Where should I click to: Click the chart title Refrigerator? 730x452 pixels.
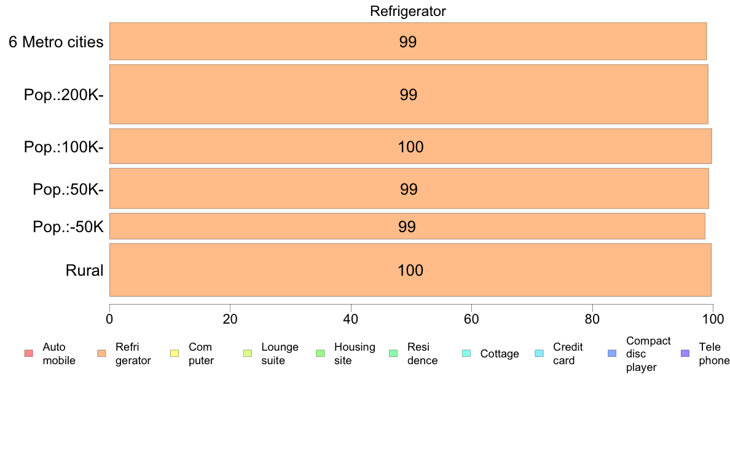pyautogui.click(x=408, y=11)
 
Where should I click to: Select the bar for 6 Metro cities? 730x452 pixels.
pyautogui.click(x=408, y=41)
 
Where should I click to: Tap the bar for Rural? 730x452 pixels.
pyautogui.click(x=410, y=270)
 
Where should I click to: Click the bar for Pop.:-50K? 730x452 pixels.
pyautogui.click(x=407, y=226)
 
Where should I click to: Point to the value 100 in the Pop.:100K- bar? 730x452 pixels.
pyautogui.click(x=410, y=147)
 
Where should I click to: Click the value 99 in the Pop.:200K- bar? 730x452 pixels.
pyautogui.click(x=408, y=95)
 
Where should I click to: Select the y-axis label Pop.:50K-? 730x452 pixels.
pyautogui.click(x=68, y=189)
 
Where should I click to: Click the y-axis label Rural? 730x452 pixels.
pyautogui.click(x=84, y=270)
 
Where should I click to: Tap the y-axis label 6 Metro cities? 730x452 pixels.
pyautogui.click(x=56, y=42)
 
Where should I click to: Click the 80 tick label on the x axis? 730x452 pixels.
pyautogui.click(x=592, y=319)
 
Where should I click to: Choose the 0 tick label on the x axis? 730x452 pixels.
pyautogui.click(x=109, y=319)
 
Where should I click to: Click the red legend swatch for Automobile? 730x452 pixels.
pyautogui.click(x=29, y=353)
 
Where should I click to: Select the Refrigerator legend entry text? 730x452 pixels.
pyautogui.click(x=133, y=354)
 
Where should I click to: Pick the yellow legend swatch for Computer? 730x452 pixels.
pyautogui.click(x=175, y=353)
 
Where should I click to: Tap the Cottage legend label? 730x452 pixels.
pyautogui.click(x=500, y=354)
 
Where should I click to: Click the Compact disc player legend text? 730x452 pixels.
pyautogui.click(x=648, y=354)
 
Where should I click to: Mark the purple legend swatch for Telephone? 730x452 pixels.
pyautogui.click(x=685, y=353)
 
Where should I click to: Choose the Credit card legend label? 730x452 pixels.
pyautogui.click(x=568, y=354)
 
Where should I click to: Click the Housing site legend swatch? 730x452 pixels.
pyautogui.click(x=320, y=353)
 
